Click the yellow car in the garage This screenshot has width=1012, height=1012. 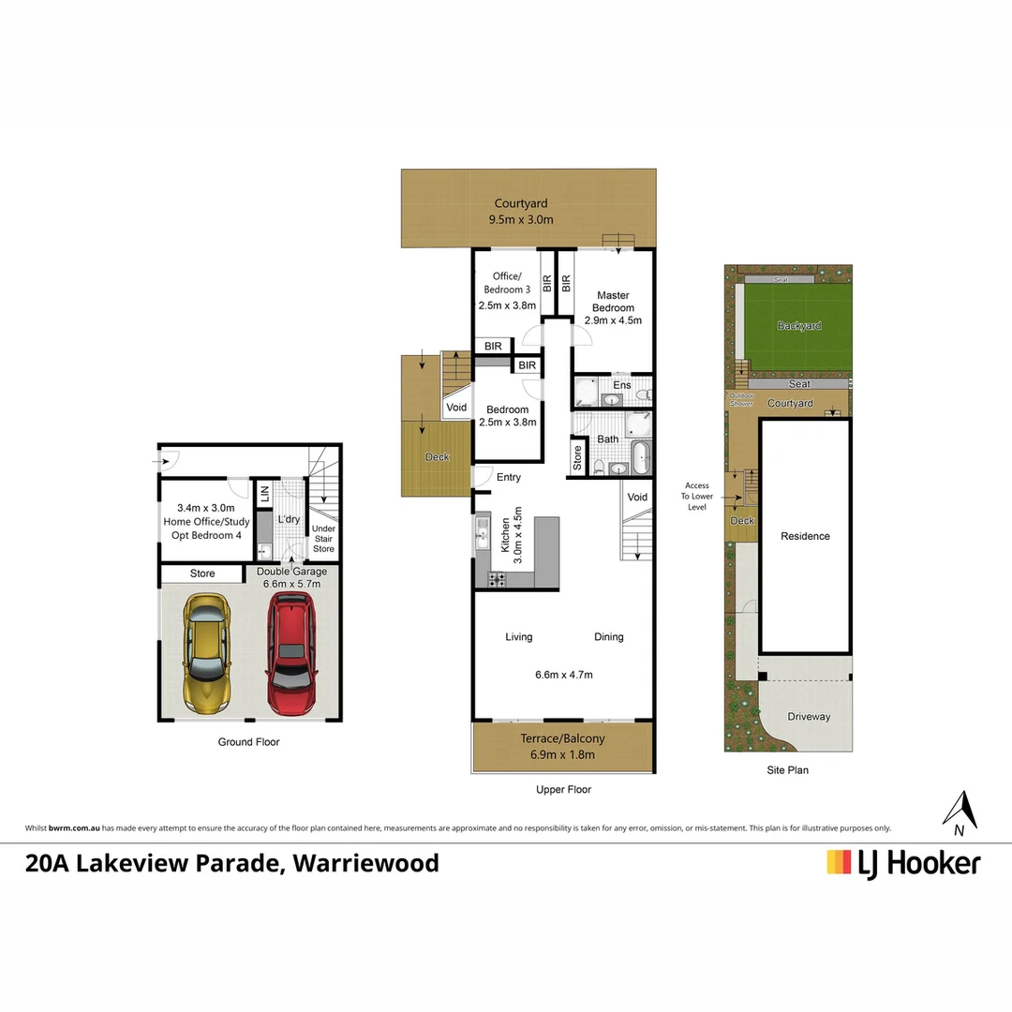(x=207, y=652)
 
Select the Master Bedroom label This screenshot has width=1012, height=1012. (x=612, y=302)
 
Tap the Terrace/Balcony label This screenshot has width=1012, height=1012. (x=562, y=738)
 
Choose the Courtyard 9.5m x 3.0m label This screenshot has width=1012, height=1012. (x=521, y=212)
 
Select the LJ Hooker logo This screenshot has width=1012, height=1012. (x=903, y=862)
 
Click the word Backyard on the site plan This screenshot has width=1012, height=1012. (x=799, y=326)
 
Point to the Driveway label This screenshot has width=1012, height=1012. (x=809, y=717)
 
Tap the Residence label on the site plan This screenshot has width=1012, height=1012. (x=805, y=536)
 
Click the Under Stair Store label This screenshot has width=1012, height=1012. (x=323, y=539)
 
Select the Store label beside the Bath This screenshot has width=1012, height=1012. (x=577, y=458)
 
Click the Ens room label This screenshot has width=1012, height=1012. (x=622, y=385)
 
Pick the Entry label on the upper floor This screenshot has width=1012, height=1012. (x=509, y=478)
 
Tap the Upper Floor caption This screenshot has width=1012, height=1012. (x=563, y=789)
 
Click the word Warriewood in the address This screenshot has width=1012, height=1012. (x=365, y=862)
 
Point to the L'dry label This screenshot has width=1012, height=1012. (x=288, y=518)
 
